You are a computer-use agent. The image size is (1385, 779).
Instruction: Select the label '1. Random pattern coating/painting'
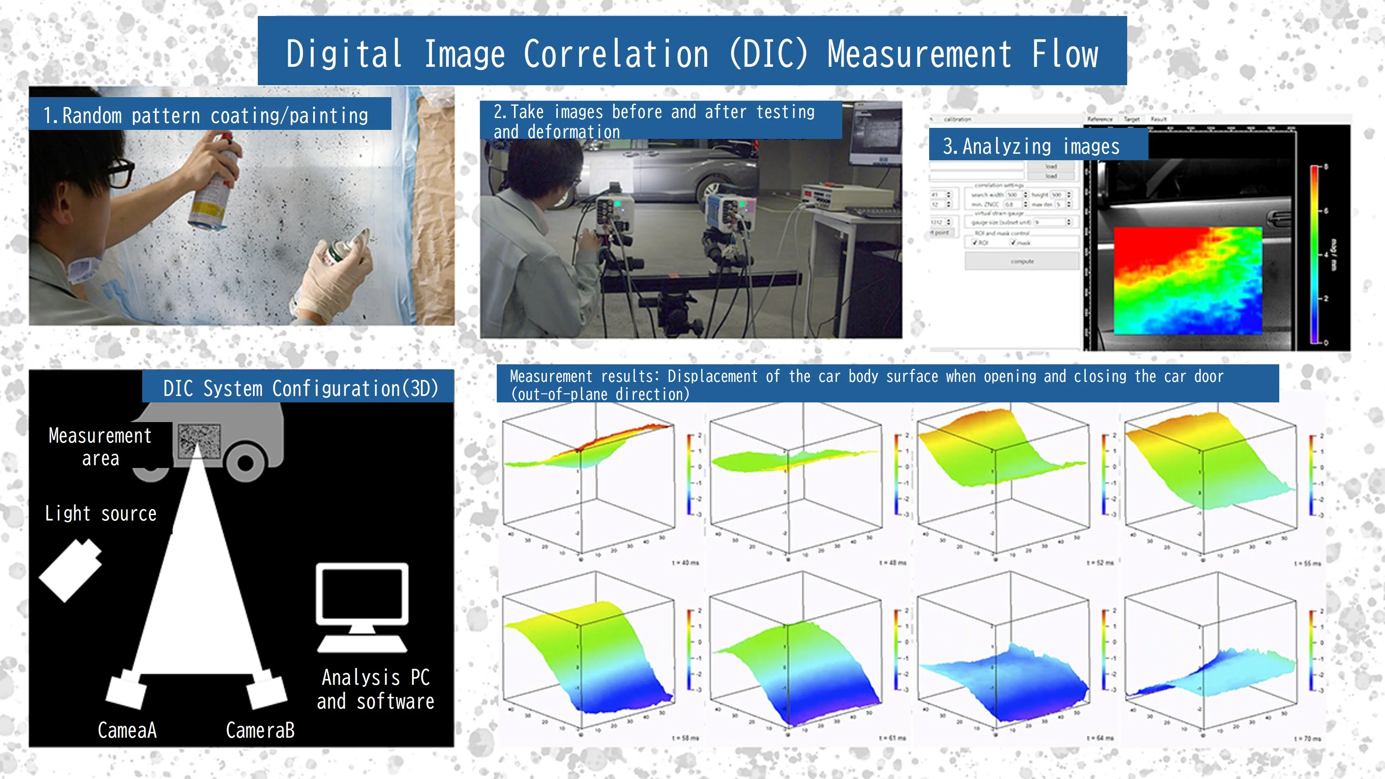[206, 115]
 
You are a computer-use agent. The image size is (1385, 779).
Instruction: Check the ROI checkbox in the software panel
[975, 243]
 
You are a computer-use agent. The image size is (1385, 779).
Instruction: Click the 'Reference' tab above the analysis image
[1099, 119]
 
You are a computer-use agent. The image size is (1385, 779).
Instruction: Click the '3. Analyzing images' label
[1031, 146]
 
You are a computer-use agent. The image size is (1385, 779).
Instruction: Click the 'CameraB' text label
[260, 730]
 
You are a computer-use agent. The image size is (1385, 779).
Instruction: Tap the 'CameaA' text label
[127, 730]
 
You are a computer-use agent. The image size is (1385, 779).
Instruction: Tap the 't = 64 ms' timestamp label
[1100, 738]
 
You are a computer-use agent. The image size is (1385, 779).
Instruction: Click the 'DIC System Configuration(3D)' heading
[300, 388]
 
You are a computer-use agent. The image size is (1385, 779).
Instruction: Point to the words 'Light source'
[100, 513]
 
